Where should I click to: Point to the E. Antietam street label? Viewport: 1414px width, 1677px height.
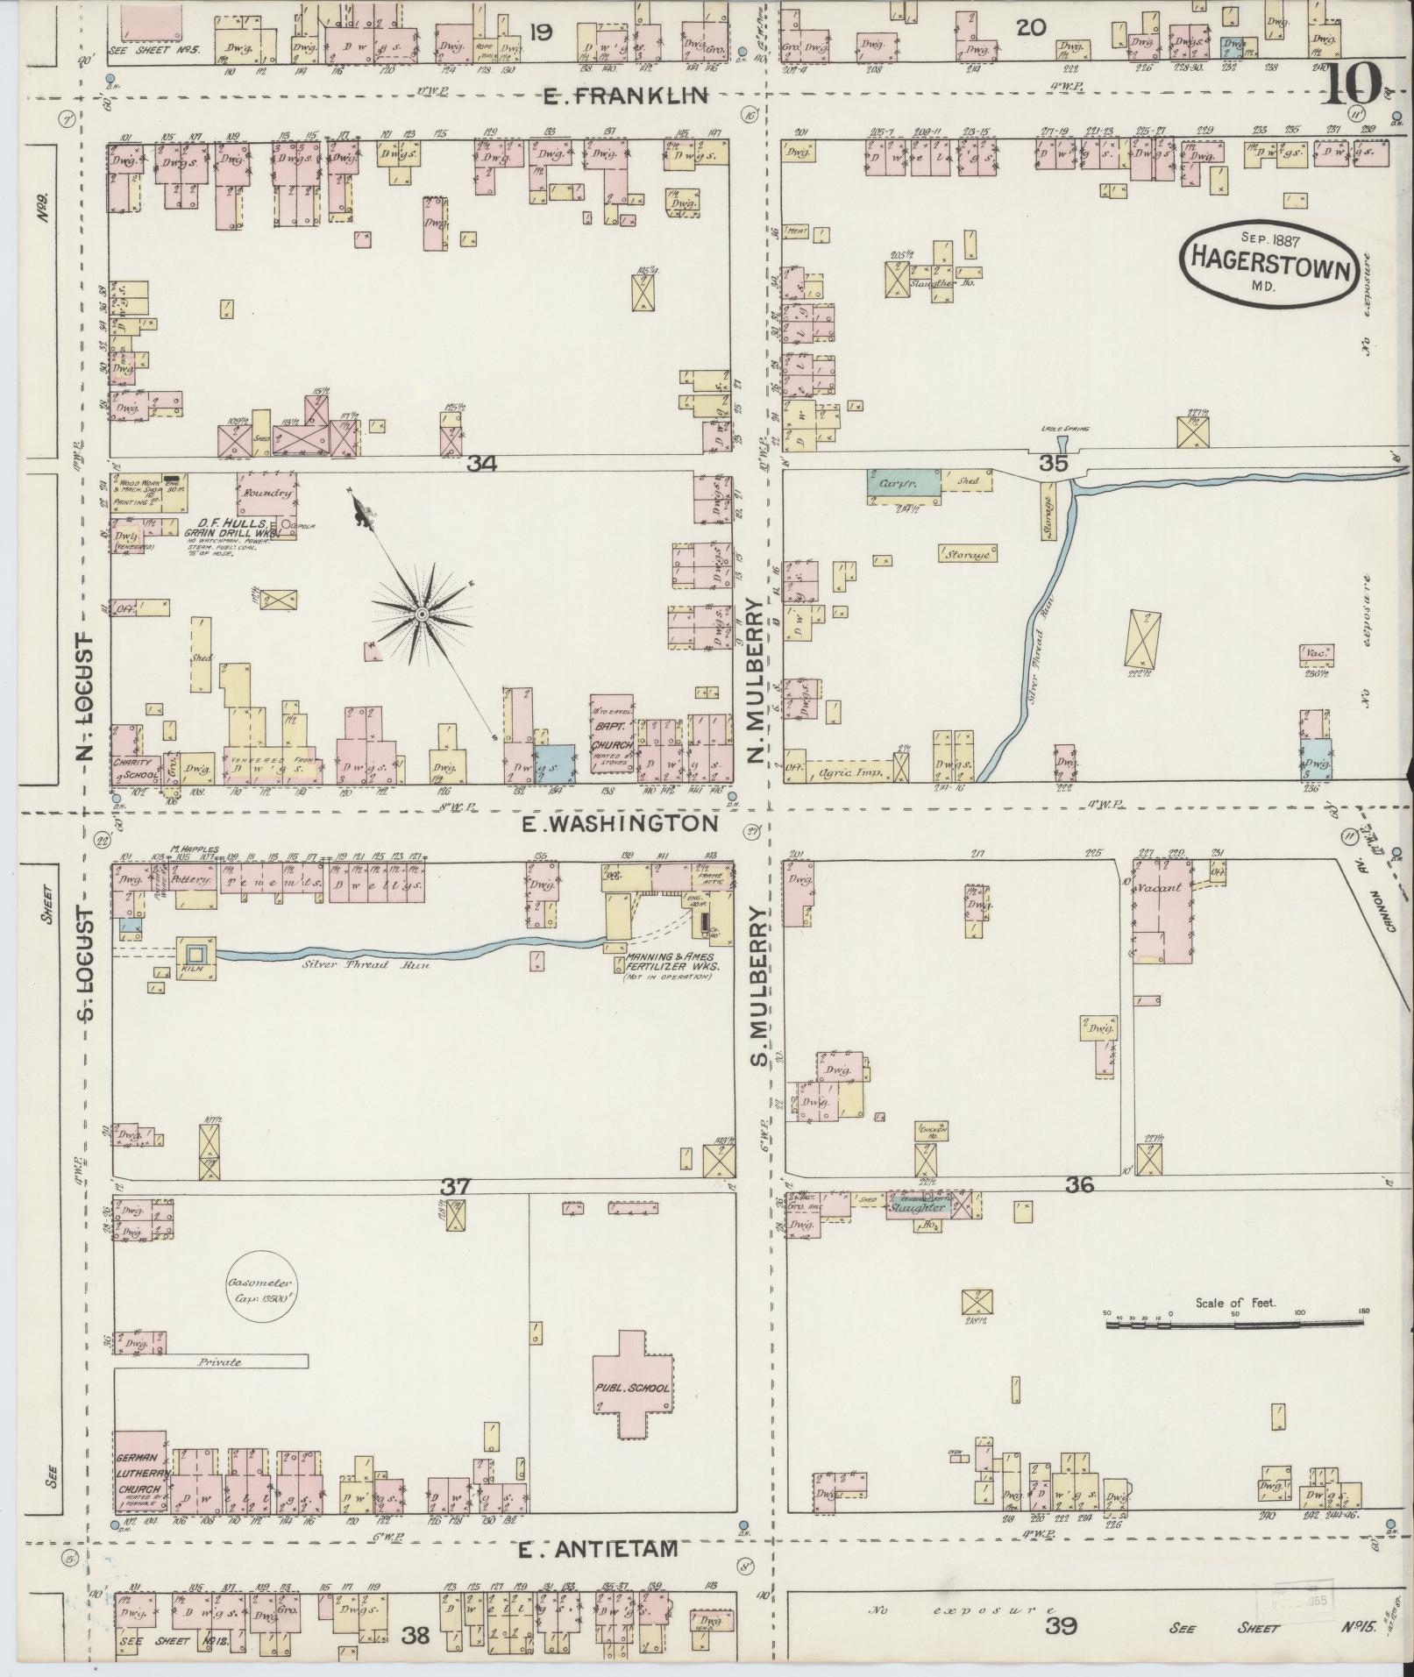tap(598, 1549)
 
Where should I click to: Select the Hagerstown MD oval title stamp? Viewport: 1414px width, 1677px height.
tap(1270, 263)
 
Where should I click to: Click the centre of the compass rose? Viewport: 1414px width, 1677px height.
tap(422, 615)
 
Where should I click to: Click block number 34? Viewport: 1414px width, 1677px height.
tap(481, 464)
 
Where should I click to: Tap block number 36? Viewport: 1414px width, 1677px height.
tap(1079, 1184)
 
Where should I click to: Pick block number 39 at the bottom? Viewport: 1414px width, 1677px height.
tap(1062, 1627)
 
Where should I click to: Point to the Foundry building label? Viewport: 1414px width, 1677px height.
tap(267, 494)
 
